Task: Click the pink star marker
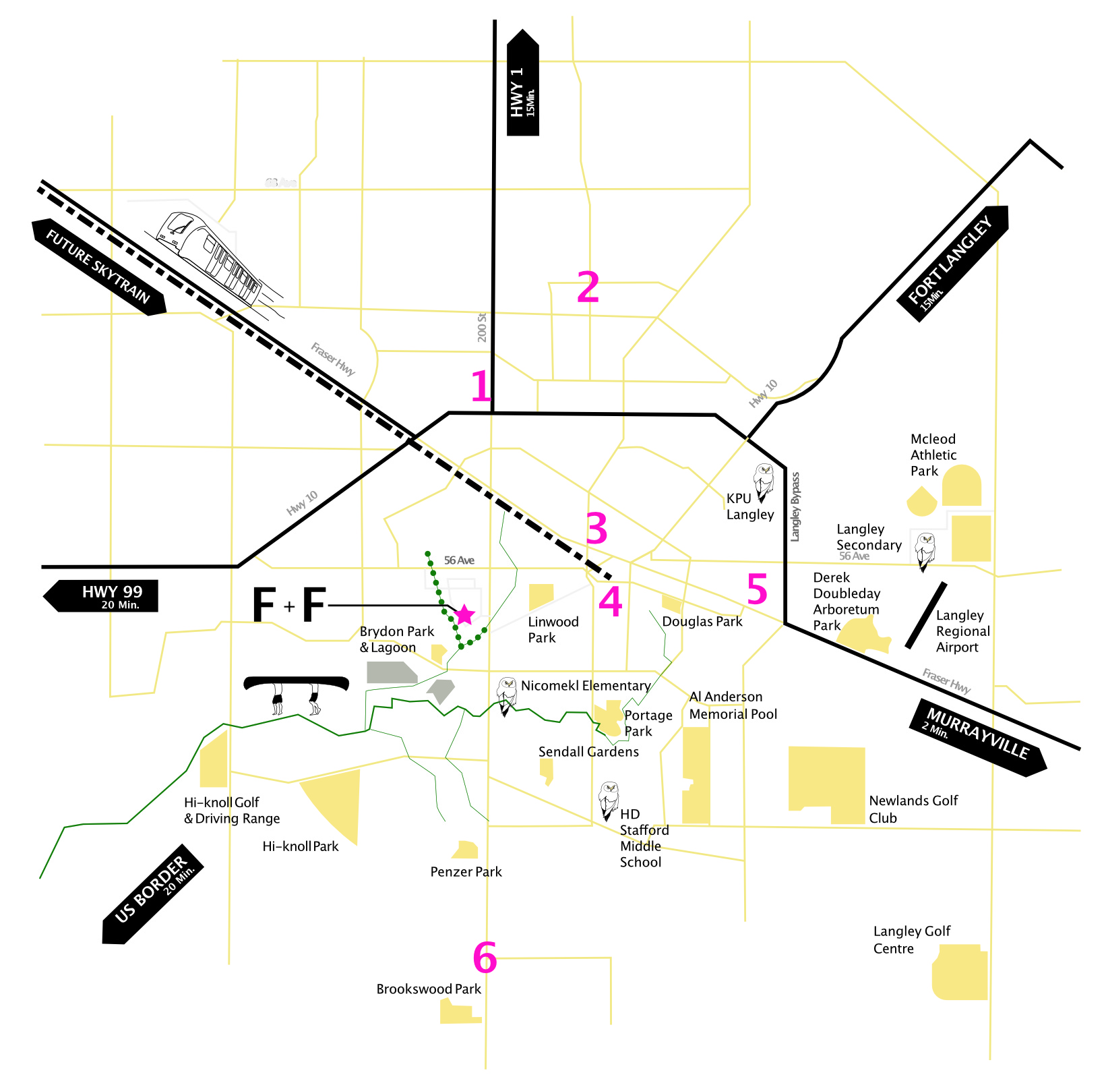tap(464, 614)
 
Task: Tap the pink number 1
tap(481, 386)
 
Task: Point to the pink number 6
tap(485, 958)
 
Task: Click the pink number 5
tap(757, 589)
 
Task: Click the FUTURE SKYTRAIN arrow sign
tap(99, 267)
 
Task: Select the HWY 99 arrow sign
tap(102, 596)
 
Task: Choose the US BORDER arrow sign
tap(152, 894)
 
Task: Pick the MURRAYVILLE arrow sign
tap(979, 737)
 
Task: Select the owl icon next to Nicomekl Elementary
tap(506, 695)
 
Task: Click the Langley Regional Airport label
tap(962, 631)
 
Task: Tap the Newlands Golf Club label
tap(913, 809)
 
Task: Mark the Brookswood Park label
tap(429, 989)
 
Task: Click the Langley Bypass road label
tap(795, 506)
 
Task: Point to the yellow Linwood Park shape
tap(541, 596)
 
